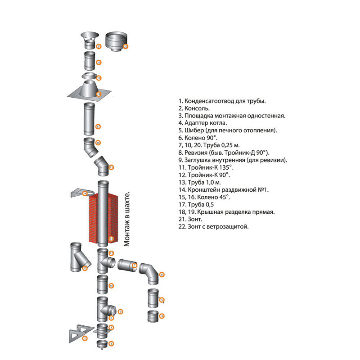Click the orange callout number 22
[x=126, y=46]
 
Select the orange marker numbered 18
[x=99, y=94]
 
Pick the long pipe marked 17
[x=89, y=118]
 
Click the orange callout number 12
[x=112, y=254]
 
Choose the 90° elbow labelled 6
[x=148, y=272]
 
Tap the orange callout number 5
[x=162, y=300]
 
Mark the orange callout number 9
[x=121, y=311]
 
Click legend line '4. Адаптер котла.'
[x=202, y=122]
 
